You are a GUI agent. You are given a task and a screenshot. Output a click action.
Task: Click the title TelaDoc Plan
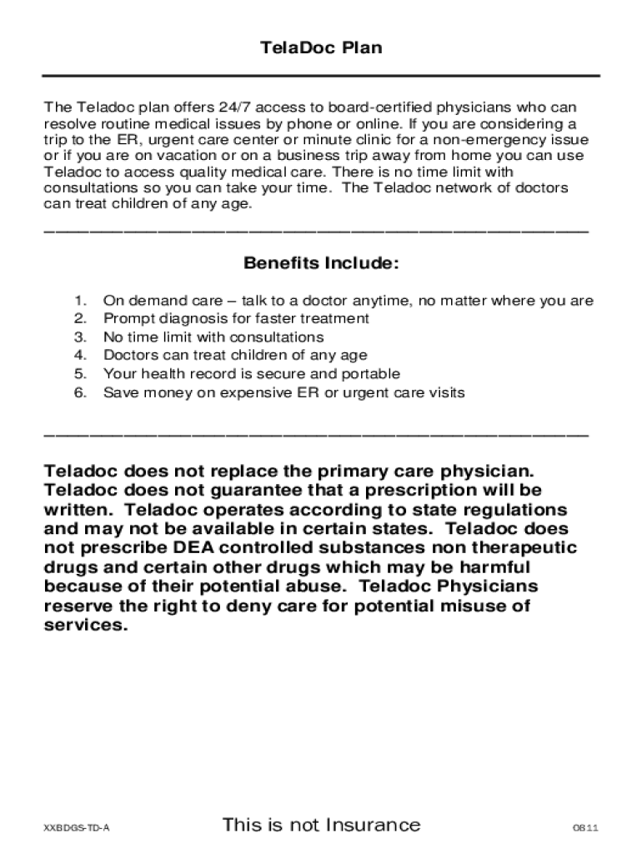[x=321, y=47]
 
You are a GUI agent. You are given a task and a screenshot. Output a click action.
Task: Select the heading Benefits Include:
[x=321, y=264]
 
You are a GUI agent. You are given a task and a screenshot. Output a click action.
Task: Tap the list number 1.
[x=80, y=301]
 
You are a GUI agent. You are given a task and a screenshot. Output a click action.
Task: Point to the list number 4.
[x=80, y=356]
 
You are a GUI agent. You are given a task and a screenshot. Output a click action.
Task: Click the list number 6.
[x=80, y=392]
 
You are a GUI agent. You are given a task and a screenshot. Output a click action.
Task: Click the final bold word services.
[x=86, y=625]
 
